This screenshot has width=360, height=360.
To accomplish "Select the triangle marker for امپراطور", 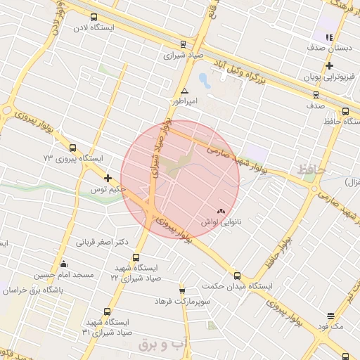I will [184, 91].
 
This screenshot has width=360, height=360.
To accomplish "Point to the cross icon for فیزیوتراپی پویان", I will [329, 65].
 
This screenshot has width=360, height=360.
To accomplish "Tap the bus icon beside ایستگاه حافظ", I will [345, 111].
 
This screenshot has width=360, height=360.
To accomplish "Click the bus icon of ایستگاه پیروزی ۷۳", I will [73, 147].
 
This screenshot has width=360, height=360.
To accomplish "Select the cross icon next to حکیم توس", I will [108, 179].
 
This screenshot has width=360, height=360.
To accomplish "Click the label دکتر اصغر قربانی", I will [103, 242].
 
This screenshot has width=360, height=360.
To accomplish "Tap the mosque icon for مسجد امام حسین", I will [64, 264].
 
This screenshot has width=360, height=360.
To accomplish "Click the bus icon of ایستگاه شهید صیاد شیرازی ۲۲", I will [136, 257].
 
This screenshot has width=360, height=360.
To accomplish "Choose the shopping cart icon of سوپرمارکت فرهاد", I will [182, 290].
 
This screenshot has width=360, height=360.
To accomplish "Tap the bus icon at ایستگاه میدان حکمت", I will [237, 276].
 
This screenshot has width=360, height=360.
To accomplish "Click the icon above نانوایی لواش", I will [221, 210].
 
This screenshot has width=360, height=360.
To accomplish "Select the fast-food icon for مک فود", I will [330, 316].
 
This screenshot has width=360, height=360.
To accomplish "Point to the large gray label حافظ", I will [310, 169].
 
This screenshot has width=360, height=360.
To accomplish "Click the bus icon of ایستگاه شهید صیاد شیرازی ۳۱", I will [107, 311].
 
